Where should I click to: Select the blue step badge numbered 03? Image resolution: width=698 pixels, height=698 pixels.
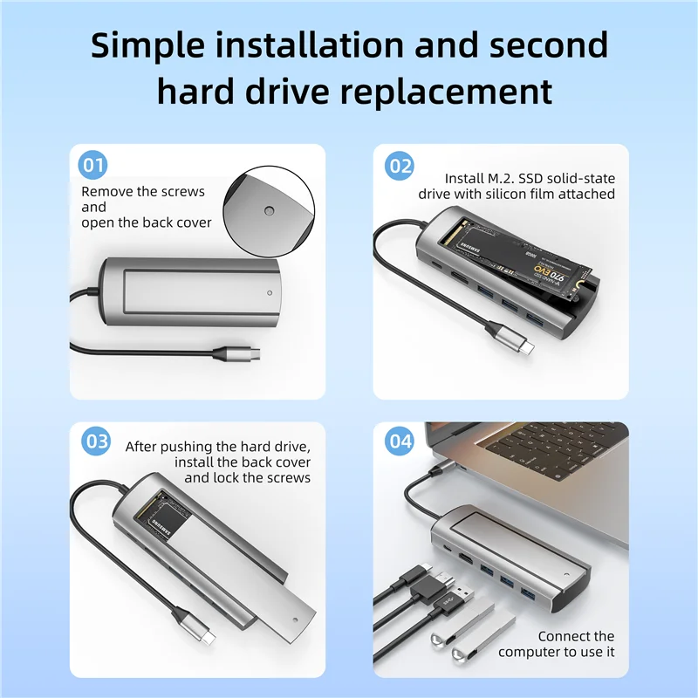(95, 441)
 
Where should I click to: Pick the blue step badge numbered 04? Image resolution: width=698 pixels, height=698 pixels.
(400, 441)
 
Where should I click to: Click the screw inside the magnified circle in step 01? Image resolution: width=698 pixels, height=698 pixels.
(268, 211)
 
